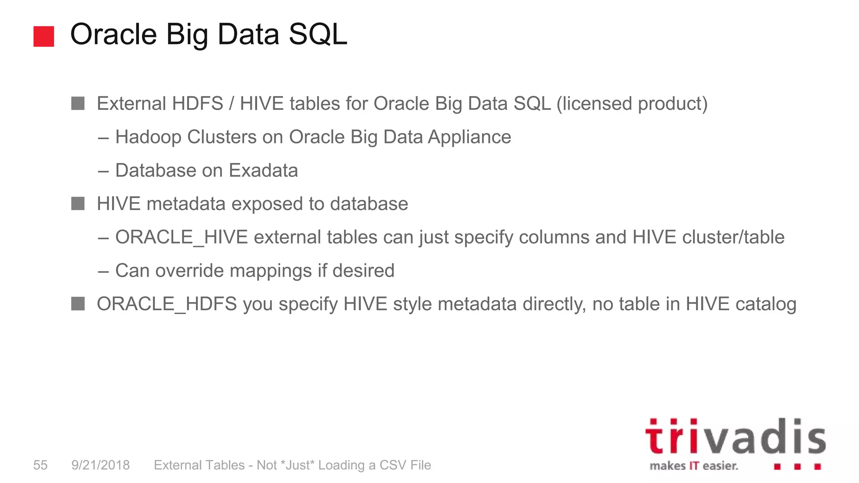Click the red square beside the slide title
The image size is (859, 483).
[x=44, y=36]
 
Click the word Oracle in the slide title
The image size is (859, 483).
[x=113, y=34]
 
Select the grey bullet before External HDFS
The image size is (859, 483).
[x=78, y=104]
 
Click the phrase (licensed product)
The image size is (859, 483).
[x=632, y=104]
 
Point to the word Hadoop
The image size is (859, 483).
[x=148, y=137]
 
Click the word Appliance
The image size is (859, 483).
[x=469, y=137]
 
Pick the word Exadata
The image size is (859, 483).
[x=263, y=171]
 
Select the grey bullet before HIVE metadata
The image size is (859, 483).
[x=78, y=204]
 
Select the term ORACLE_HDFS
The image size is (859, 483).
[x=167, y=304]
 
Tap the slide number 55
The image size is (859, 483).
[x=40, y=465]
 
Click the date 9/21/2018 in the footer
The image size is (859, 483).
[x=101, y=465]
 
